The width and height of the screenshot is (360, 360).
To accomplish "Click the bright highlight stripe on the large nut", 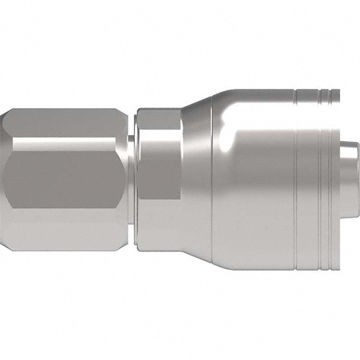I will click(x=66, y=145).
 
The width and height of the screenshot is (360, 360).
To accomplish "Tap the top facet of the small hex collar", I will click(x=158, y=118).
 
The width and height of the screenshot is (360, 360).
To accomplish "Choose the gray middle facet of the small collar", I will click(x=158, y=171).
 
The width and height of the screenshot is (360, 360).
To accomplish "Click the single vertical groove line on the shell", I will click(x=296, y=180).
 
